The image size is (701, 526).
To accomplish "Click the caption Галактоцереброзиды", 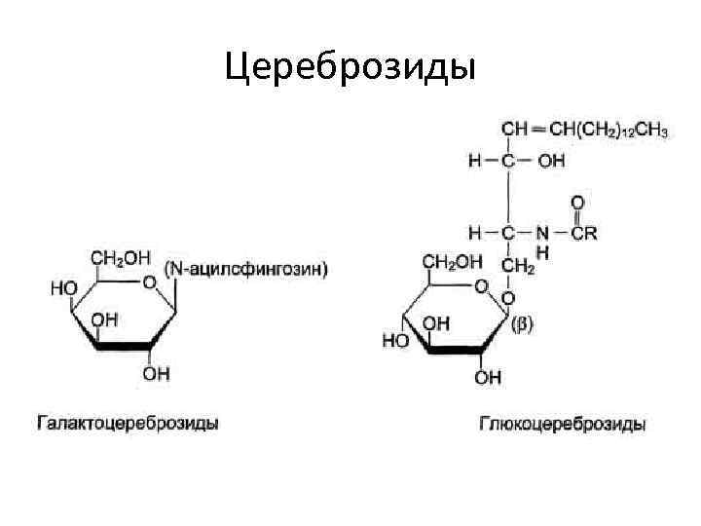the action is tap(127, 424).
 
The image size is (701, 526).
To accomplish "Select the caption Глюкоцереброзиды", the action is tap(562, 425).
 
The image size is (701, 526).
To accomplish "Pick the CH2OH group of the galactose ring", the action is tap(121, 258).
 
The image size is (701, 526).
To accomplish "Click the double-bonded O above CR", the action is tap(576, 204).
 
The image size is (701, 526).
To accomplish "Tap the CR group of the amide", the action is tap(583, 233).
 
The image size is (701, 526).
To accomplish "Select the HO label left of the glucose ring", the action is tap(394, 341).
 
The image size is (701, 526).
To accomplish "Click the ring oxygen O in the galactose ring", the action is tap(148, 282).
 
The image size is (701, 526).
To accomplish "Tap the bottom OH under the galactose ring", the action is tap(156, 373).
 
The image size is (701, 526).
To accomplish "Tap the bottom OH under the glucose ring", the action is tap(489, 376).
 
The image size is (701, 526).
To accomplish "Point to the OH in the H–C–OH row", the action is tap(550, 162).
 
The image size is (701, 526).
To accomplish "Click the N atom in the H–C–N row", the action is tap(542, 233).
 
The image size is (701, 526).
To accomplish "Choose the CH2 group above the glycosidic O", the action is tap(517, 265).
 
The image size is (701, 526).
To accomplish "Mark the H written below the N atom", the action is tap(542, 250).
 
